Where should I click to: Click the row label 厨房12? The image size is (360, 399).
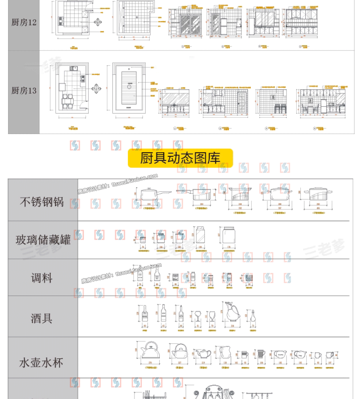24,22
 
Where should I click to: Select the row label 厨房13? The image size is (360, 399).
24,91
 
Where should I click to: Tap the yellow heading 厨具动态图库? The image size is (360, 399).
180,158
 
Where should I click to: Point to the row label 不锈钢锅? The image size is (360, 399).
42,202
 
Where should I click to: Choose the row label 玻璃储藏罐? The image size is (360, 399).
43,240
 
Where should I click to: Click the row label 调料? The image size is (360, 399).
42,278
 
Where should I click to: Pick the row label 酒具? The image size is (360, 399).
42,318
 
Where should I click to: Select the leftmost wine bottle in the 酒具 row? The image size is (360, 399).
144,314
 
